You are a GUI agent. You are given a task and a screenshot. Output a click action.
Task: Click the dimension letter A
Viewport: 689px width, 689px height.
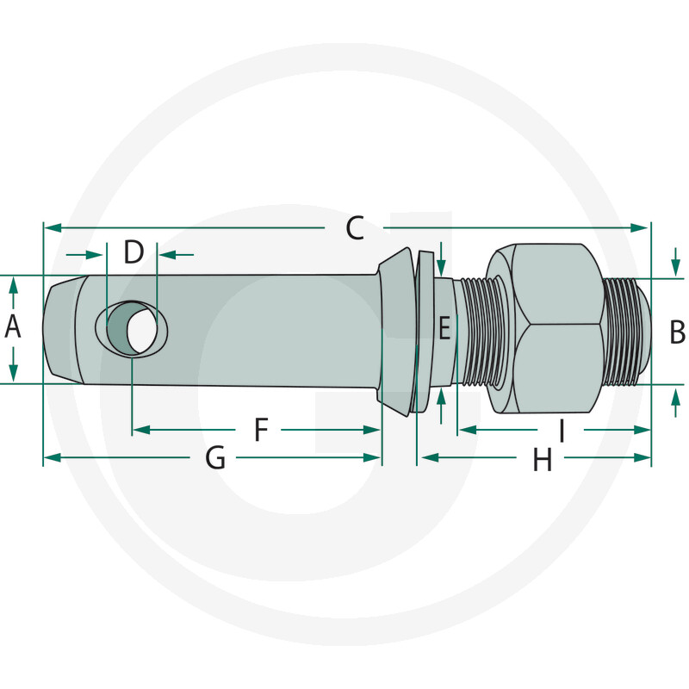[13, 327]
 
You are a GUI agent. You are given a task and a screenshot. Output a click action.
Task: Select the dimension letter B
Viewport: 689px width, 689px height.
[677, 332]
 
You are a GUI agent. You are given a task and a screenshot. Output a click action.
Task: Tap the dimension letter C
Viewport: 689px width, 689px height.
[355, 227]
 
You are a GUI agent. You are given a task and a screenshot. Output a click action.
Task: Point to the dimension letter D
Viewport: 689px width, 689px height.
[133, 251]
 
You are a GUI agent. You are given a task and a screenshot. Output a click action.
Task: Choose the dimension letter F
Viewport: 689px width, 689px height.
[261, 429]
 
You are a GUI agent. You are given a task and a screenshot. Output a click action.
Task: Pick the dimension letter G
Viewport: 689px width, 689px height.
[215, 457]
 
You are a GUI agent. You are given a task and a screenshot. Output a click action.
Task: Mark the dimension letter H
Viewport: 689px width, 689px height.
[543, 460]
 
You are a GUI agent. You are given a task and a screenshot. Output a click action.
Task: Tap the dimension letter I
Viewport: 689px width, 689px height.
[562, 430]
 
